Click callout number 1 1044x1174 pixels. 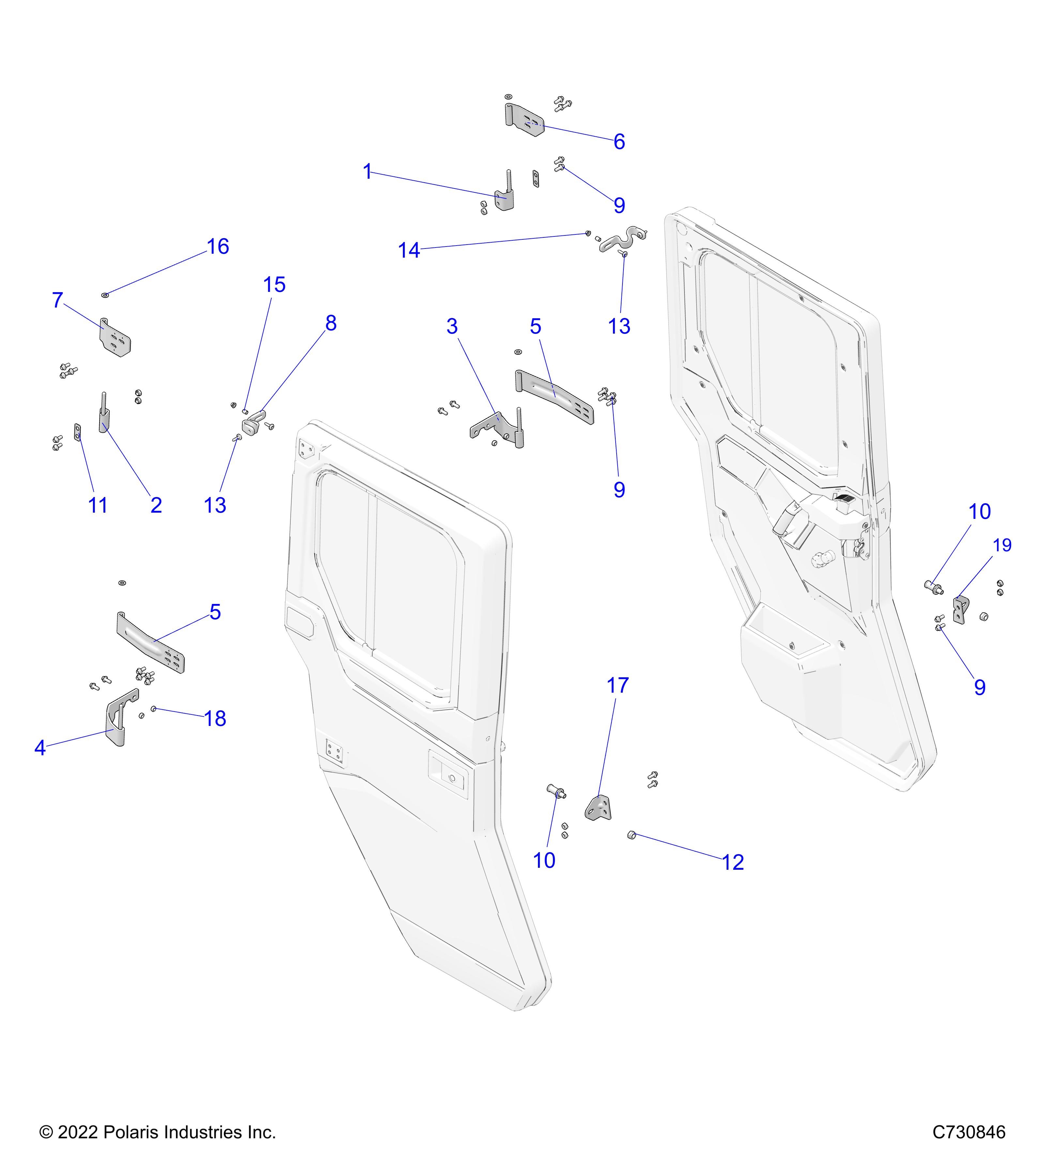[x=368, y=172]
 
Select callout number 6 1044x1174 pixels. [x=619, y=142]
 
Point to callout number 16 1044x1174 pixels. [x=218, y=247]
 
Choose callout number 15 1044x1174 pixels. [x=274, y=285]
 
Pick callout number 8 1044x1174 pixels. [x=330, y=324]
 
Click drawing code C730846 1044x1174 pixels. [x=969, y=1132]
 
